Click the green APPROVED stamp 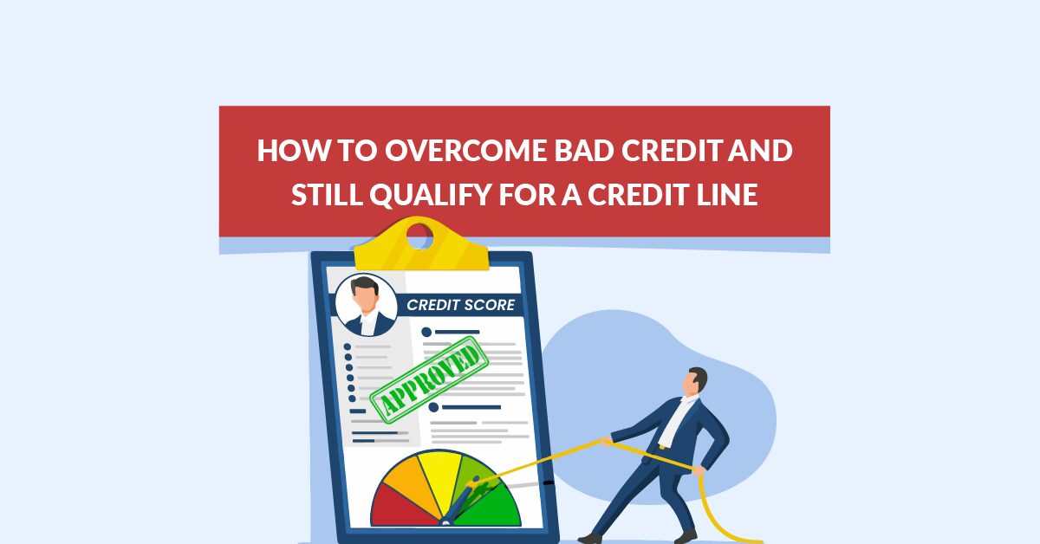point(426,379)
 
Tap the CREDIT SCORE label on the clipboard point(460,305)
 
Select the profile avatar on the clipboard point(365,304)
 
